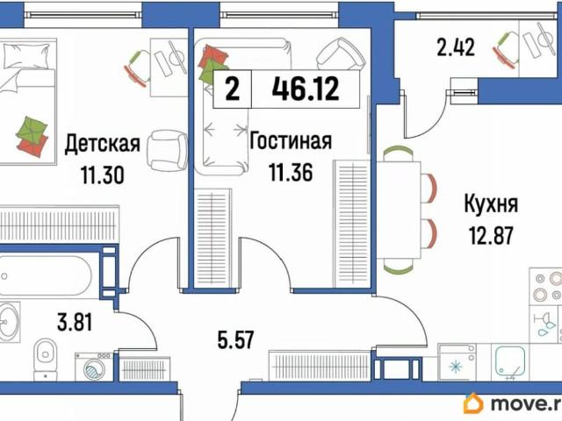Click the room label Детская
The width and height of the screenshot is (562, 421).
[x=102, y=143]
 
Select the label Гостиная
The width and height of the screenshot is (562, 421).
[x=291, y=141]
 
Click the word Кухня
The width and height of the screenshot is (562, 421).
[x=491, y=205]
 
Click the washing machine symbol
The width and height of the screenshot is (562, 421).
[x=91, y=367]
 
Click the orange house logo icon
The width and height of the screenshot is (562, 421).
[x=473, y=403]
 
